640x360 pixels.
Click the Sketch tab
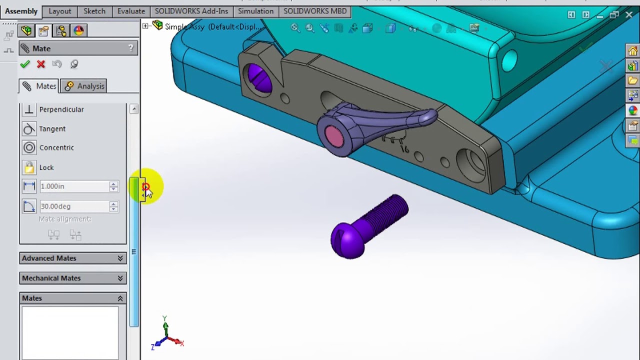pos(94,11)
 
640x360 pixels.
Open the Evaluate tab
pos(131,11)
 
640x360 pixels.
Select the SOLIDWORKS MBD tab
pos(314,11)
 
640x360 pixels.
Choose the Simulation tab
pos(255,11)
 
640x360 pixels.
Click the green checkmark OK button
pos(25,64)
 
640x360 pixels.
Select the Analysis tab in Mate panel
pos(84,86)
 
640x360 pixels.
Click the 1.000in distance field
pos(74,186)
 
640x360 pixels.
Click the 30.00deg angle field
pos(74,206)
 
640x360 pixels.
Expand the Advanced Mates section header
pos(72,258)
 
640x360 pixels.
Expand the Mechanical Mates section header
pos(72,278)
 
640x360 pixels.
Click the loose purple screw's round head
pos(347,240)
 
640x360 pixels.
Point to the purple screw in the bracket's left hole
pos(259,78)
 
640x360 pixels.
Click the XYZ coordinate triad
pos(166,335)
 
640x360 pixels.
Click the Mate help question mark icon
pos(131,48)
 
